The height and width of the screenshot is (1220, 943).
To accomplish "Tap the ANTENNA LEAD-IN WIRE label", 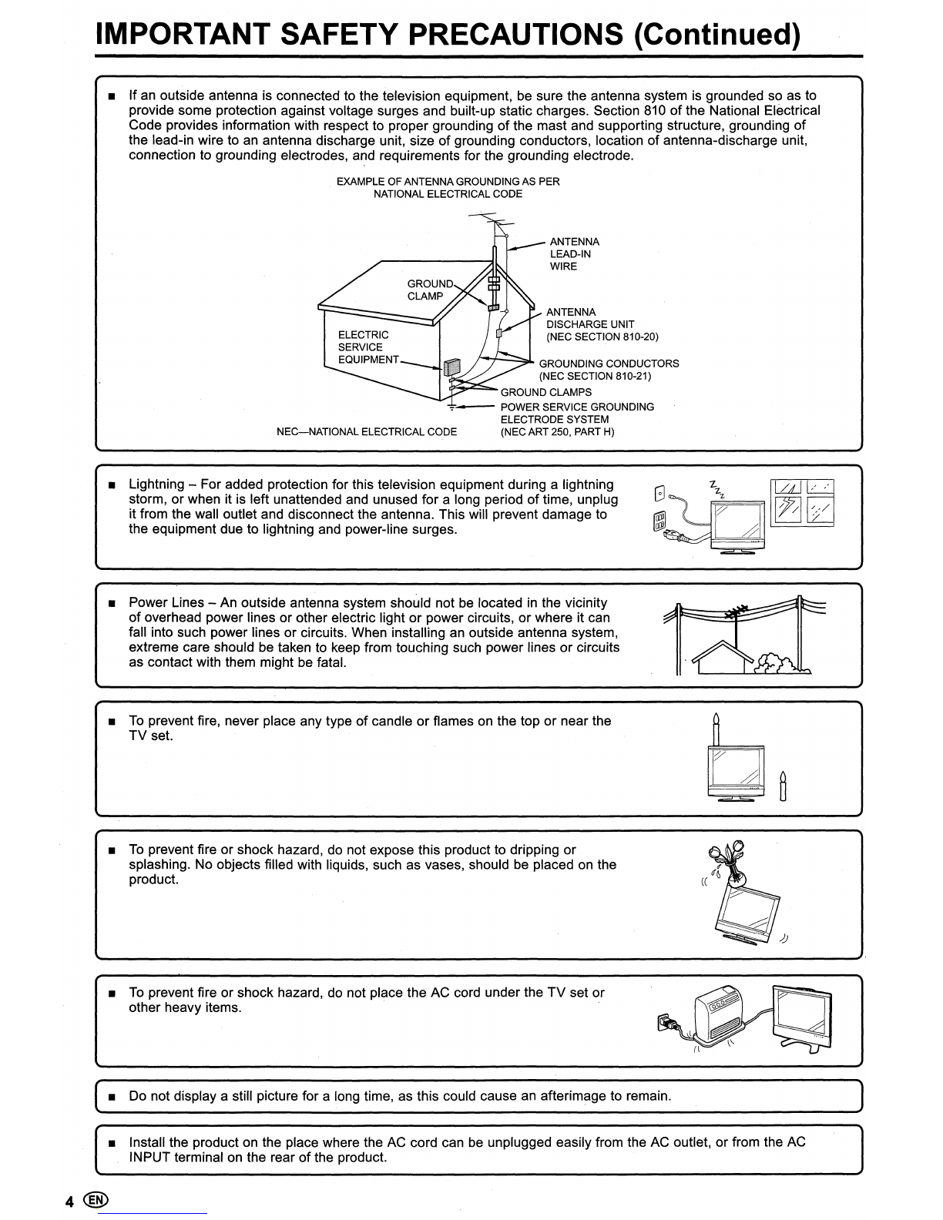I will pyautogui.click(x=574, y=254).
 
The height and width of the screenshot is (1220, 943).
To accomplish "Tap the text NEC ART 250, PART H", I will pyautogui.click(x=558, y=431).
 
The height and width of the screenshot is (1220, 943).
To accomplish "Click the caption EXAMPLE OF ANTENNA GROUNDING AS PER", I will pyautogui.click(x=448, y=182).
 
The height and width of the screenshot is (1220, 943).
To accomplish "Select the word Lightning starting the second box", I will pyautogui.click(x=156, y=484).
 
